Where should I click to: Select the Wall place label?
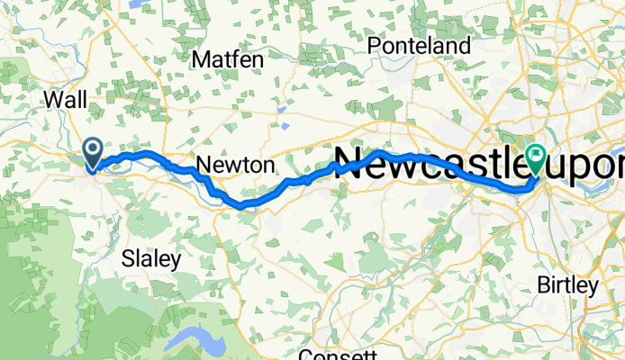point(64,97)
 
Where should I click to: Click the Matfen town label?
point(229,59)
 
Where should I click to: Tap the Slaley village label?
point(150,259)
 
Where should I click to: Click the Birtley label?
point(567,286)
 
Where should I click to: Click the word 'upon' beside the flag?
point(589,166)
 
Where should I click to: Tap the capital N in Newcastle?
point(349,163)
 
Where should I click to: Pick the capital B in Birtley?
point(543,286)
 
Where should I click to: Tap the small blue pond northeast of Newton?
point(283,112)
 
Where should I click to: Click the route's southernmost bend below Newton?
point(240,206)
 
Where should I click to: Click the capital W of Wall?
point(51,97)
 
